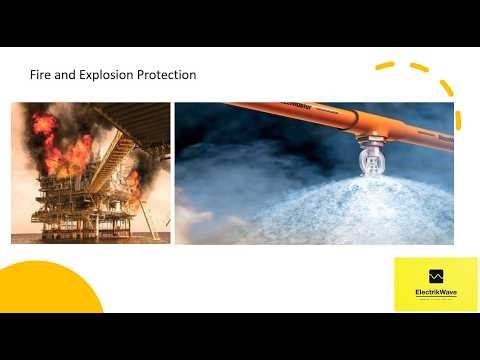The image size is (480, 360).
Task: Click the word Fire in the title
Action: pos(42,75)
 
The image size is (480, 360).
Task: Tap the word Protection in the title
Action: pos(167,75)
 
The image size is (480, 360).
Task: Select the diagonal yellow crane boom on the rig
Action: pos(115,160)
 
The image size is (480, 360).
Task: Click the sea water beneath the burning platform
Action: pos(90,238)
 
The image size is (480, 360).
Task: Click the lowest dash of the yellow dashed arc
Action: pos(458,120)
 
